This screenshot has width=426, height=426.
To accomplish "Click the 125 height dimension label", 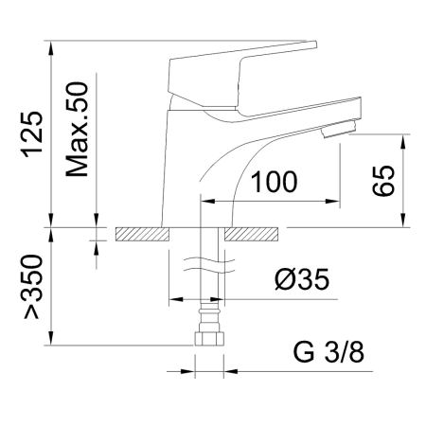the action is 32,134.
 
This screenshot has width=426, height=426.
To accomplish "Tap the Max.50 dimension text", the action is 77,130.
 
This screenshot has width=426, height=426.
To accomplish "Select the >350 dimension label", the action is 32,287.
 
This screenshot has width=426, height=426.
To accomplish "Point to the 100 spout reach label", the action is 274,182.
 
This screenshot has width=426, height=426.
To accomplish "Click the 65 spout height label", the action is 383,181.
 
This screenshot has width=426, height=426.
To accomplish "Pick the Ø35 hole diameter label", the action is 302,279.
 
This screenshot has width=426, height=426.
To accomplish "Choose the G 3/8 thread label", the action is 328,352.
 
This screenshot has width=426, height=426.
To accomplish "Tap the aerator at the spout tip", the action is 338,130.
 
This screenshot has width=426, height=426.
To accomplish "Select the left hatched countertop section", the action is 142,235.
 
